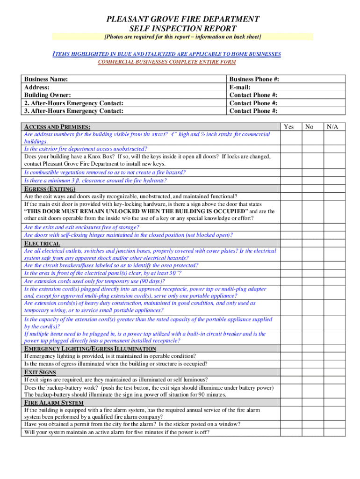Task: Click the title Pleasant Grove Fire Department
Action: click(183, 19)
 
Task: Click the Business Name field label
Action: click(46, 80)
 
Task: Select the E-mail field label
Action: click(240, 87)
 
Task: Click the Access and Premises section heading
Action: click(57, 127)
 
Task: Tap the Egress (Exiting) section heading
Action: click(50, 189)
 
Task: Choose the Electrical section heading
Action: click(42, 244)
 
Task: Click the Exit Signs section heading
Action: click(40, 372)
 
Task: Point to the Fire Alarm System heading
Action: click(54, 403)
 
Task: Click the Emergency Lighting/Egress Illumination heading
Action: click(90, 349)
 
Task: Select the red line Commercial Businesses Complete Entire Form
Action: click(166, 62)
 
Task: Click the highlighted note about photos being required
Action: click(182, 36)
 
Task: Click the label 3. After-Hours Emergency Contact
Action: click(73, 111)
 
